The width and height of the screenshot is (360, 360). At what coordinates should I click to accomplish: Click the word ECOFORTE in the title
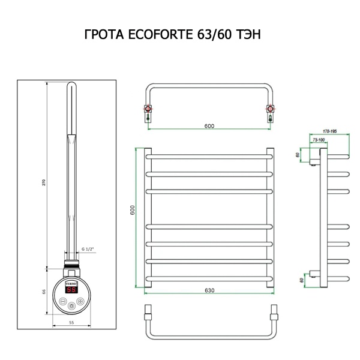point(161,35)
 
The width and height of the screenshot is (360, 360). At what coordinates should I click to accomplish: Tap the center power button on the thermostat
point(72,304)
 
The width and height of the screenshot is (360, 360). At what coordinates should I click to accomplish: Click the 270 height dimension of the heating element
point(43,182)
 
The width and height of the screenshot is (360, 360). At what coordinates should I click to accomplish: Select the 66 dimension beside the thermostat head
point(43,291)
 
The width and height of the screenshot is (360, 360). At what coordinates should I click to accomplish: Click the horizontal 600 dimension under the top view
point(209,126)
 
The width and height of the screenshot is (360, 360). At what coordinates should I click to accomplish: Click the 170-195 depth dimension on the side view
point(329,130)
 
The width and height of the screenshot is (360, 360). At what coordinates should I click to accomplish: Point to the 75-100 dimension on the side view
point(319,139)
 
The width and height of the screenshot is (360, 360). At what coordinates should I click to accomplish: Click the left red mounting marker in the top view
point(147,110)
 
